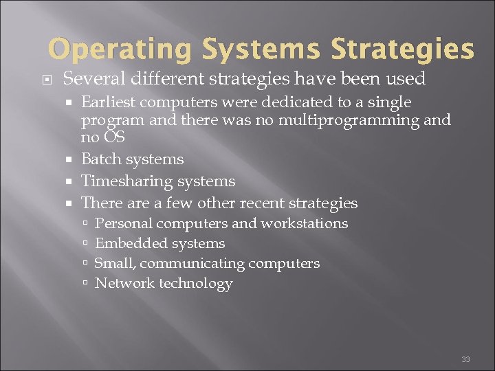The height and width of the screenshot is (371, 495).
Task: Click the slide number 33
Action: click(465, 359)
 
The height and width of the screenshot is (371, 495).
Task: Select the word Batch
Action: click(100, 159)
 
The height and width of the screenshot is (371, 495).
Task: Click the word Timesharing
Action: click(127, 181)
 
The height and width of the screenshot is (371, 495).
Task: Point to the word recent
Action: click(273, 203)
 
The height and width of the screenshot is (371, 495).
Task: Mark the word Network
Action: click(124, 283)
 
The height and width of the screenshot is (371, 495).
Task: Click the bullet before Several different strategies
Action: click(49, 79)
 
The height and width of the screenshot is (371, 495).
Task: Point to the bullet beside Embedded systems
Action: click(85, 243)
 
